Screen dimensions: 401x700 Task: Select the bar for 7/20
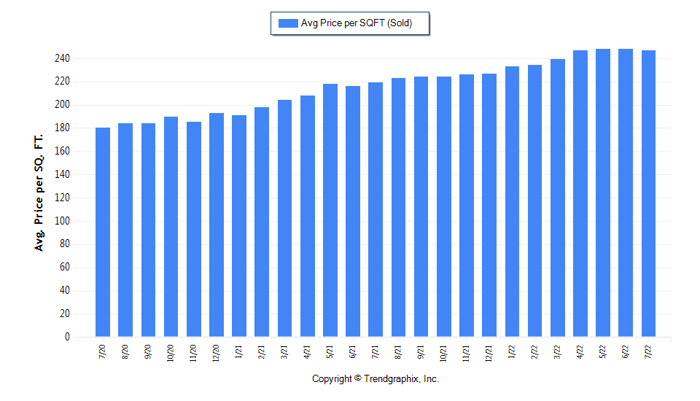click(103, 233)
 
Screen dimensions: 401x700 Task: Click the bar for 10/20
click(171, 227)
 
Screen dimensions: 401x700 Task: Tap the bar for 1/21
click(239, 226)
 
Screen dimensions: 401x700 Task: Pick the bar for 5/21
click(330, 211)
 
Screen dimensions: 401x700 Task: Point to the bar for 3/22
click(558, 198)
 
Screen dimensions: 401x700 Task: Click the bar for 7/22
click(648, 194)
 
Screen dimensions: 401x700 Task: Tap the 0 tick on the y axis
click(66, 337)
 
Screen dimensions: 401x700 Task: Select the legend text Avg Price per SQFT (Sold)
click(357, 23)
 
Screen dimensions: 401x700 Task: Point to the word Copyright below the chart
click(332, 379)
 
